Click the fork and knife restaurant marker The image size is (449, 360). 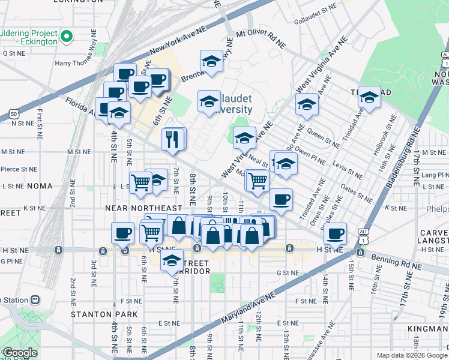click(x=173, y=139)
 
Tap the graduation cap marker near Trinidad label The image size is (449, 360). click(x=370, y=98)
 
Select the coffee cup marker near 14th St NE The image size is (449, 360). click(x=335, y=233)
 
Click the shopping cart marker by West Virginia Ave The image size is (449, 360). click(x=258, y=180)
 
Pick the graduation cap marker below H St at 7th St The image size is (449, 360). click(x=172, y=260)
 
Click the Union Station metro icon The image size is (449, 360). click(x=36, y=299)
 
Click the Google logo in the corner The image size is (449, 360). click(x=20, y=353)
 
